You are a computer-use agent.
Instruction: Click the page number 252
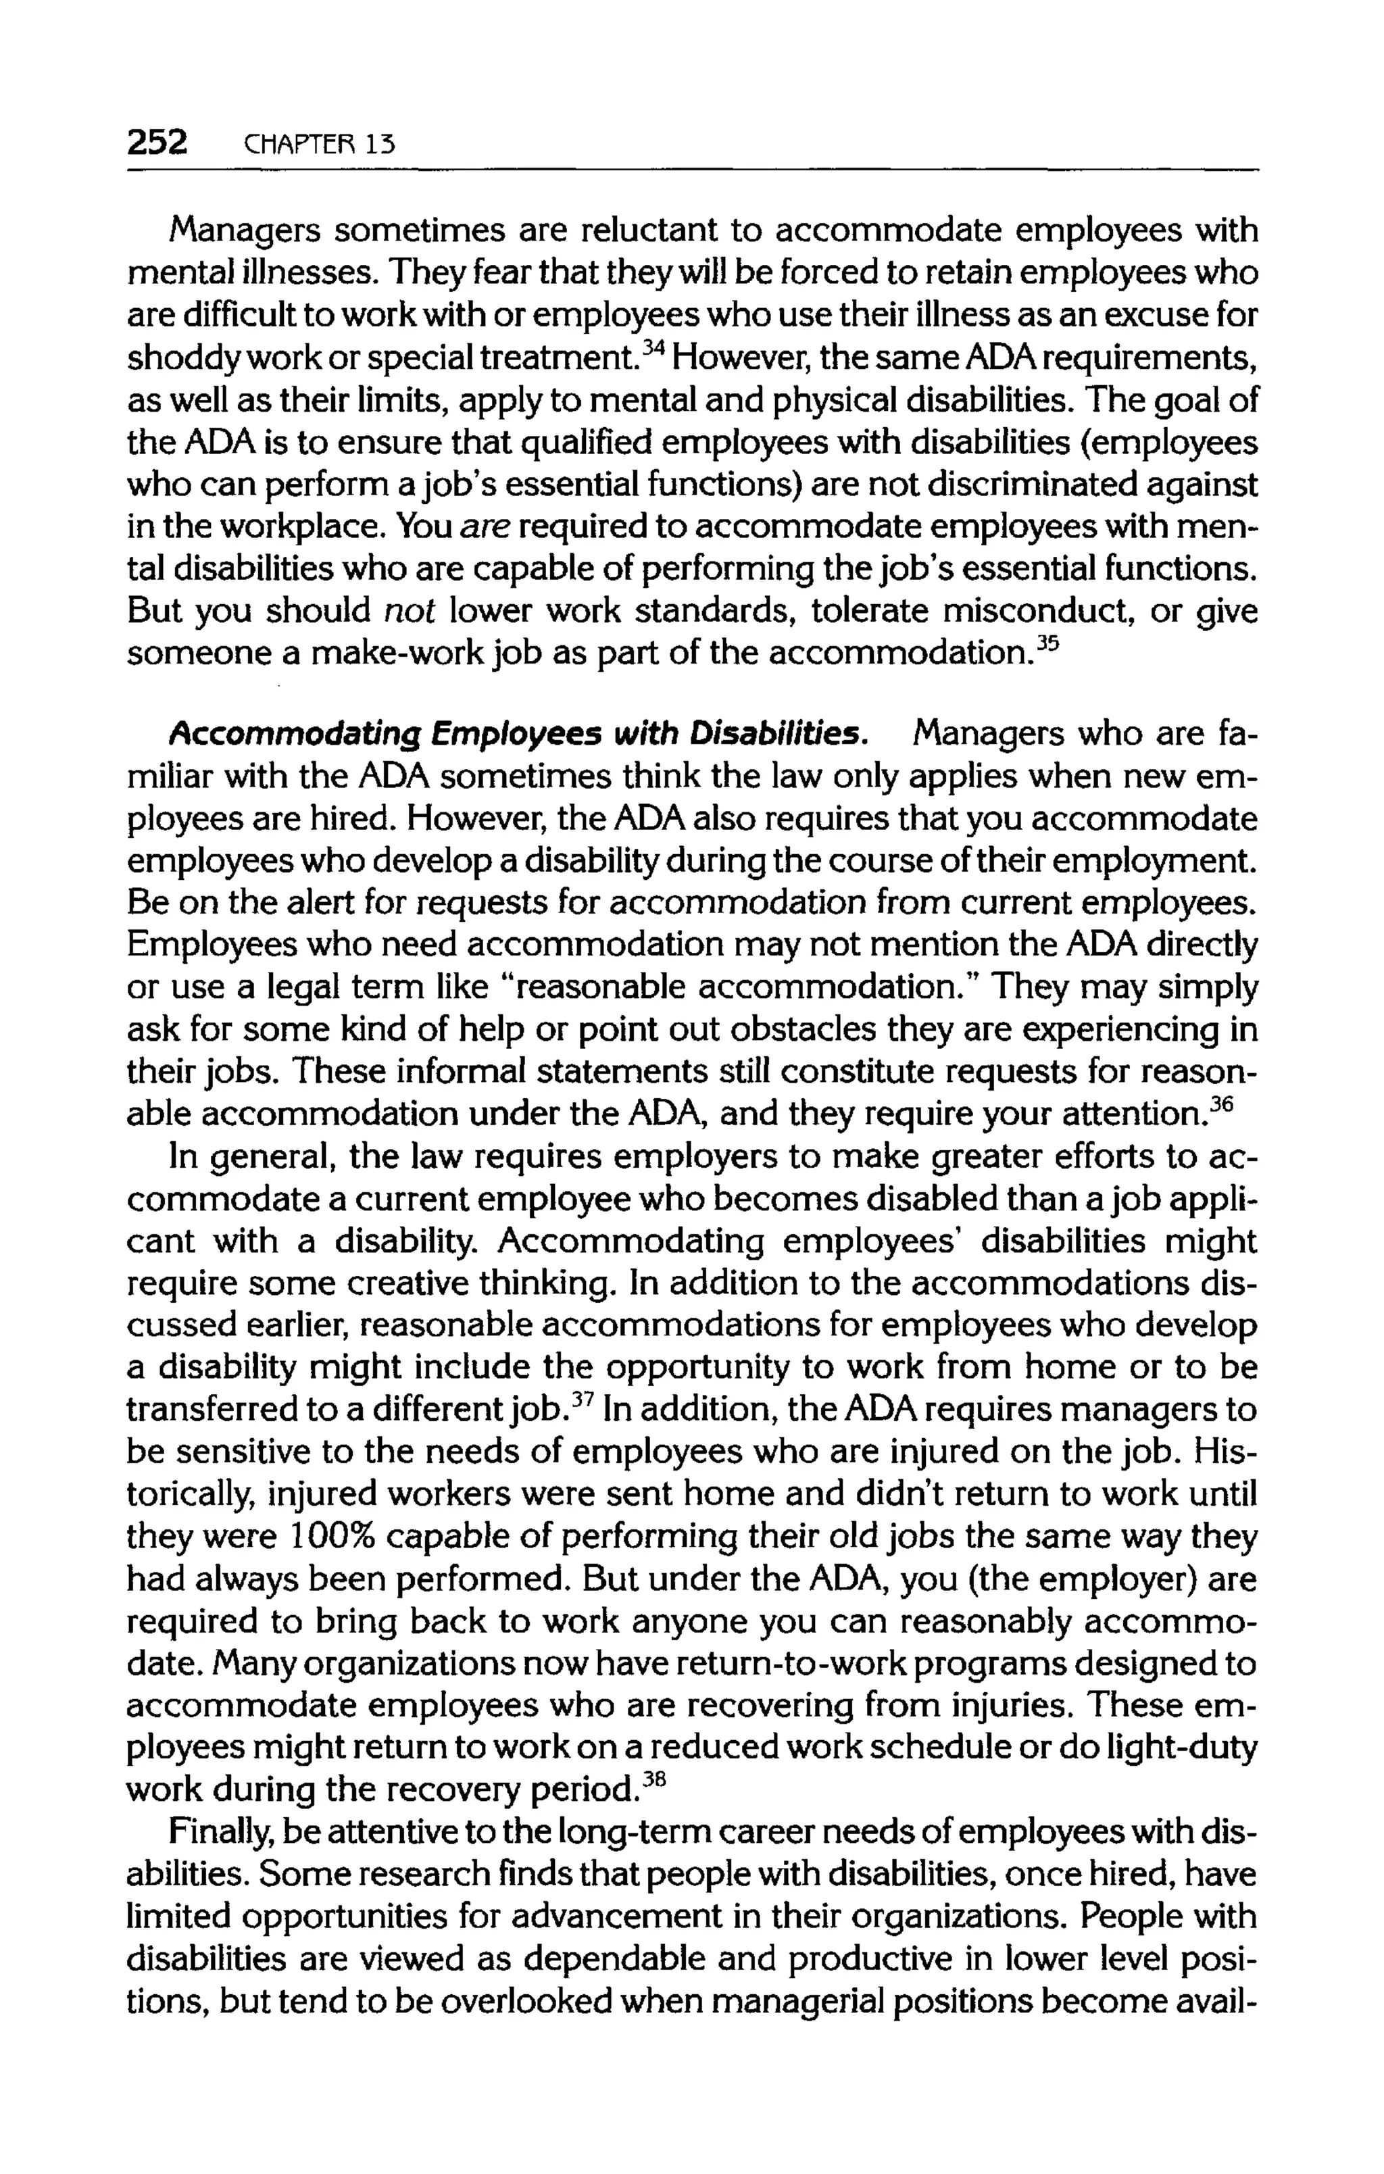pyautogui.click(x=157, y=142)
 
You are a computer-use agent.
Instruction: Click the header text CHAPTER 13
pyautogui.click(x=314, y=145)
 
